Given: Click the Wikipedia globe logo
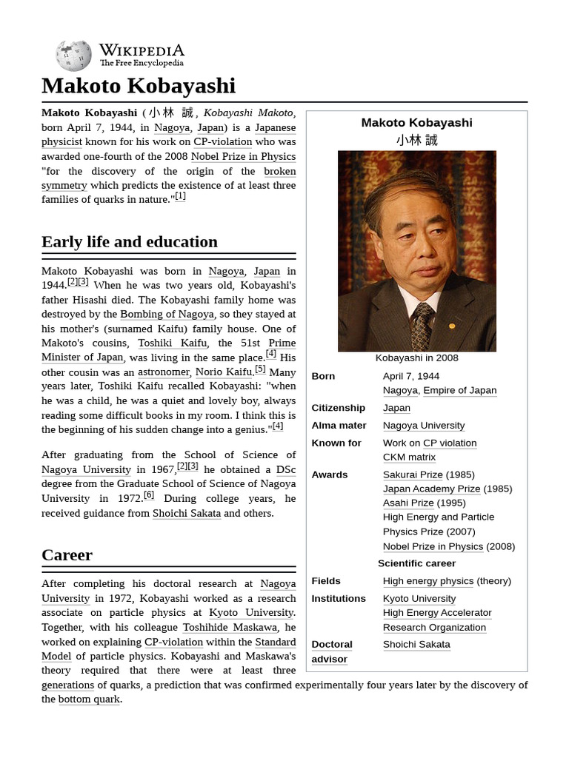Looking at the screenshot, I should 73,56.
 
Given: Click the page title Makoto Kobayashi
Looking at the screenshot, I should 139,86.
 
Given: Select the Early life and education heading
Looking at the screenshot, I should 130,242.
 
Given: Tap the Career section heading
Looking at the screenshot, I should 67,555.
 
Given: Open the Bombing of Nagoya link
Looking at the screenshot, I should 167,315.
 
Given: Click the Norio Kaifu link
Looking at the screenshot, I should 224,372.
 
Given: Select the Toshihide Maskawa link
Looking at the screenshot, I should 230,628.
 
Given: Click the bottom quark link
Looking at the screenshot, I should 89,700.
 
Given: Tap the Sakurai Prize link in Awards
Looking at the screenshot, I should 413,474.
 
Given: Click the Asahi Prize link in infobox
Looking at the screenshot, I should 408,503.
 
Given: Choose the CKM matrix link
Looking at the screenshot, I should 409,457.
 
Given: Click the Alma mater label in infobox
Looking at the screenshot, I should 339,426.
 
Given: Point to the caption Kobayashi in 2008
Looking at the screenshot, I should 416,358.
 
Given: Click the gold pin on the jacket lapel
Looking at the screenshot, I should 452,326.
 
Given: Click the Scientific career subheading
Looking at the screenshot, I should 416,563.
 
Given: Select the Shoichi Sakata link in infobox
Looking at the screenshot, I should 416,645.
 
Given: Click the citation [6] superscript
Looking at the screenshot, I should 149,495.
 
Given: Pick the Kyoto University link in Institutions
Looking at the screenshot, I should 419,599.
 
